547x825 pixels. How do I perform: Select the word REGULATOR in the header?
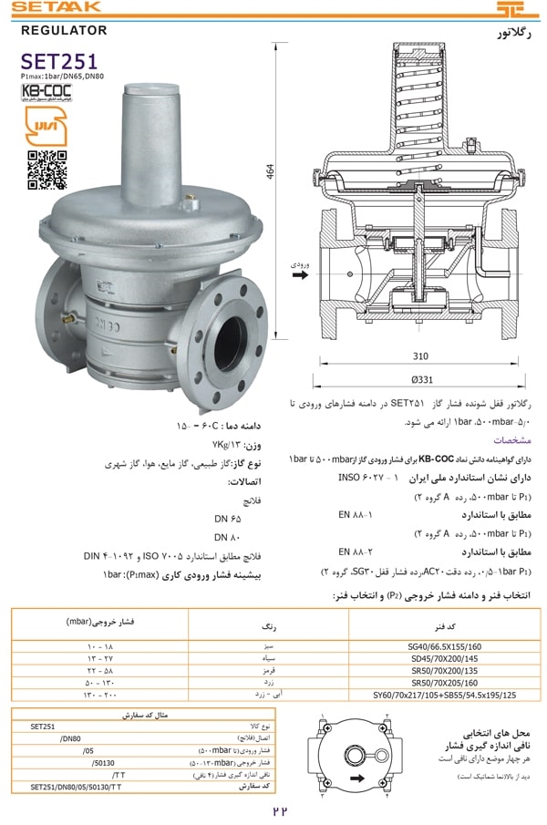64,31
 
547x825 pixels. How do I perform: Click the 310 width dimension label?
419,356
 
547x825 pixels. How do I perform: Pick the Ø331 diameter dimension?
420,378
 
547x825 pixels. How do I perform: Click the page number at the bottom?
279,810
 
